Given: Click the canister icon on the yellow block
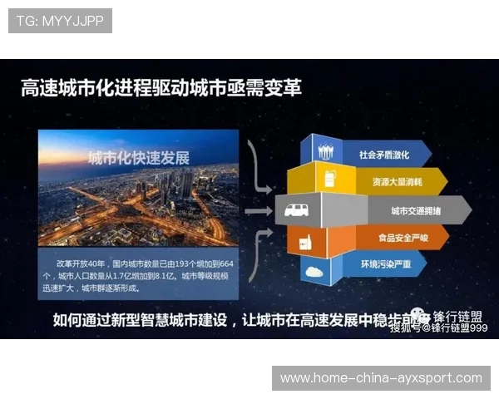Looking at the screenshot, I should (329, 177).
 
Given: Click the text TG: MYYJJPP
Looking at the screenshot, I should (60, 21).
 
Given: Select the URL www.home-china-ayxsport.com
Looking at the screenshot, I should (381, 378).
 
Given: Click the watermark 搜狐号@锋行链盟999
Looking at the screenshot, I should (438, 328).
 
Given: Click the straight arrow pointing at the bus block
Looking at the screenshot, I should (259, 211).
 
